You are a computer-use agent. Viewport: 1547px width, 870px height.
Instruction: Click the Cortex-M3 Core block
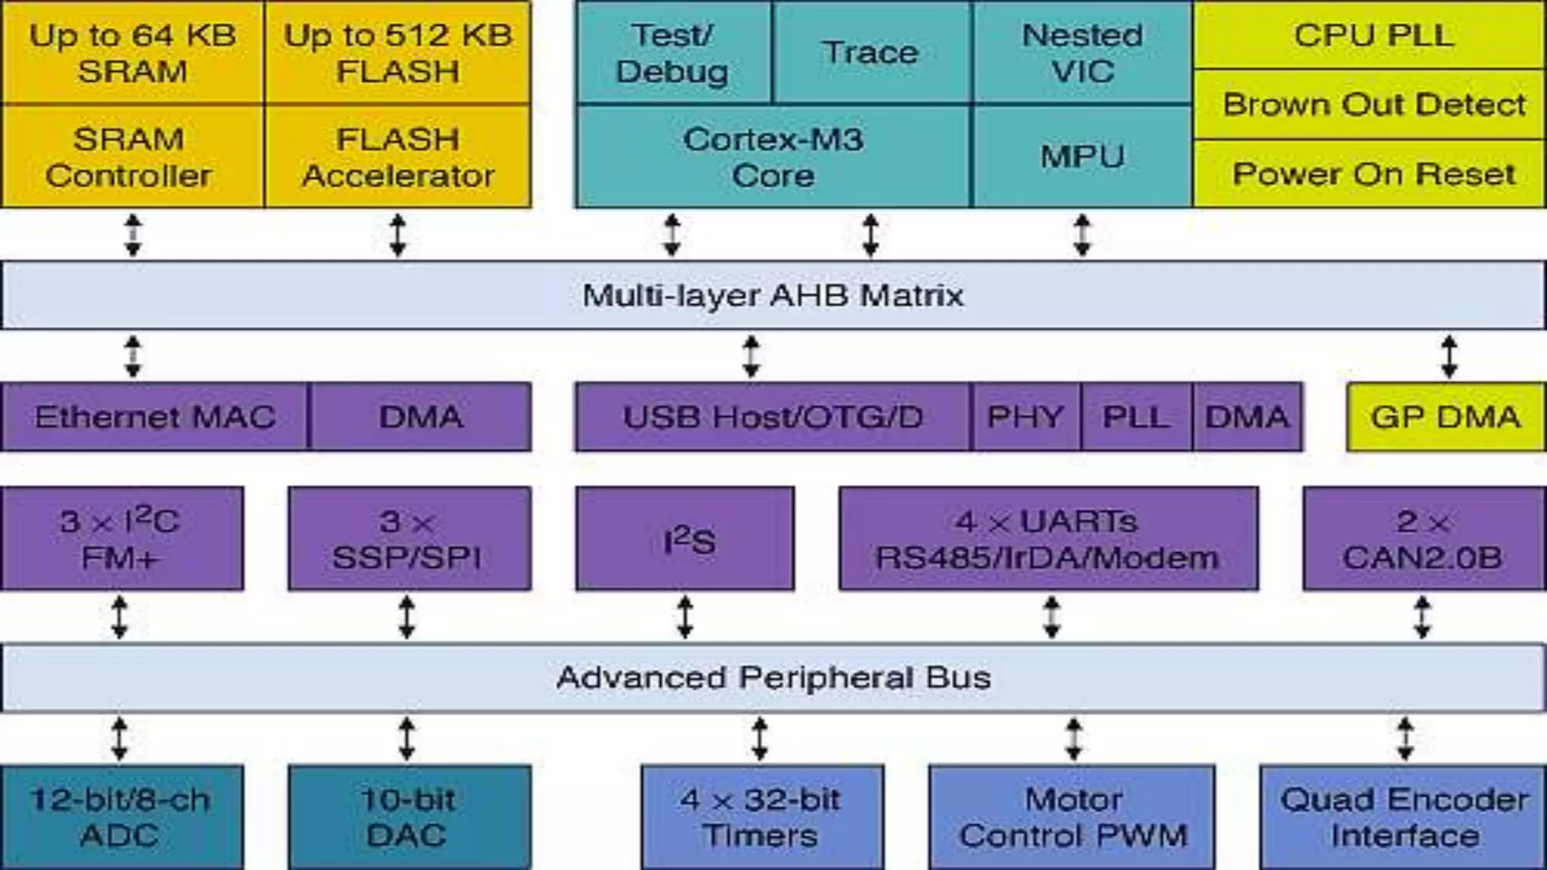tap(773, 157)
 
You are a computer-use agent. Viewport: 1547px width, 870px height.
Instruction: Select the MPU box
tap(1082, 157)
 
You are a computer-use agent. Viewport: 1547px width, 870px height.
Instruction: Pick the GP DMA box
tap(1446, 417)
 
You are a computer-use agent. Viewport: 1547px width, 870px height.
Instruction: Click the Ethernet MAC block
tap(155, 417)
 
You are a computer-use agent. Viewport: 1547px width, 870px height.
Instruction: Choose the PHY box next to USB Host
tap(1025, 417)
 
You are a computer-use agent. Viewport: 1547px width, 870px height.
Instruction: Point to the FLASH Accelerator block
tap(398, 157)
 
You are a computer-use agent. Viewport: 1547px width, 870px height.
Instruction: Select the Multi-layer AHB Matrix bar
tap(773, 295)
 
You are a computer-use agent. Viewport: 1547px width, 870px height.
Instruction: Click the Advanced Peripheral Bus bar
tap(773, 677)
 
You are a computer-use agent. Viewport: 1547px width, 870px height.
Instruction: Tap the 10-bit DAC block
tap(409, 817)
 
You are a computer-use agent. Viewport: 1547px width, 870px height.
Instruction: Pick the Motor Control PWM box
tap(1073, 817)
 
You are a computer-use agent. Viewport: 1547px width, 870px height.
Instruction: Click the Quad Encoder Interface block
tap(1403, 817)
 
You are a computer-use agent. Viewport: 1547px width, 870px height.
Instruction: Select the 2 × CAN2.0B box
tap(1423, 538)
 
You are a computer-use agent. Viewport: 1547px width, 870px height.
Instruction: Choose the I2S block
tap(685, 538)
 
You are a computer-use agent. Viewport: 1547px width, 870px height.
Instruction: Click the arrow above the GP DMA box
tap(1449, 356)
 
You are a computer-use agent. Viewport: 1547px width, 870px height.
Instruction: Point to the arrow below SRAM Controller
tap(133, 235)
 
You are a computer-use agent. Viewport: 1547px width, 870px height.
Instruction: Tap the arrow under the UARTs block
tap(1051, 617)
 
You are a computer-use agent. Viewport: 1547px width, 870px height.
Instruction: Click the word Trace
tap(870, 52)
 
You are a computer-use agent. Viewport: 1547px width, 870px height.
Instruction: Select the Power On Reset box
tap(1373, 174)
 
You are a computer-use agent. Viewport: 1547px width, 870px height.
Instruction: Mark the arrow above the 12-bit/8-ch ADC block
tap(119, 738)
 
